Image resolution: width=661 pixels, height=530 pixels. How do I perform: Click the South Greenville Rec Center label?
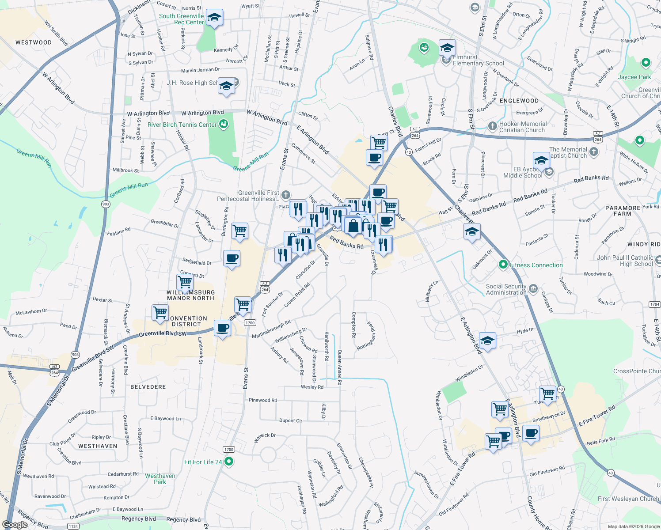(181, 19)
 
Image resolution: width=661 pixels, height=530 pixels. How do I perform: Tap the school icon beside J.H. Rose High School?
(226, 86)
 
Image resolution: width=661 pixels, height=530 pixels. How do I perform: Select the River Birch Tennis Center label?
(182, 125)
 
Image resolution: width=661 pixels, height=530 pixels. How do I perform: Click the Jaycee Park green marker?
(646, 63)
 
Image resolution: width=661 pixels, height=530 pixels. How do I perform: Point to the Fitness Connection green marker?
(503, 265)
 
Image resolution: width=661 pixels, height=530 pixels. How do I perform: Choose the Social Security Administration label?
(506, 289)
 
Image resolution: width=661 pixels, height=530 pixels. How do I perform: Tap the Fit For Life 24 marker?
(228, 462)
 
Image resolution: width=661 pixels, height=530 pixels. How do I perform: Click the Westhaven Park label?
(160, 479)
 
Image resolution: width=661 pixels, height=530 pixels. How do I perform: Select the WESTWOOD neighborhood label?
(34, 42)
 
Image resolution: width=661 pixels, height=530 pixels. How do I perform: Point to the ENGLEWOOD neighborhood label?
(519, 101)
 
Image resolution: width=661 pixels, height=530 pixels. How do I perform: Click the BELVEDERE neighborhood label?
(148, 387)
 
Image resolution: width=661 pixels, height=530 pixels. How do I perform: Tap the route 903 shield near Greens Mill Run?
(106, 204)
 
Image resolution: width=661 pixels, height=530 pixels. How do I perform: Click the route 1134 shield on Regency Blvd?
(73, 526)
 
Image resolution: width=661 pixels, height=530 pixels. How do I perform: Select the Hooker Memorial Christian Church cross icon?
(492, 126)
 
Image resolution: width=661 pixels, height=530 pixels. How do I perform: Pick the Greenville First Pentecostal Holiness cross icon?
(286, 195)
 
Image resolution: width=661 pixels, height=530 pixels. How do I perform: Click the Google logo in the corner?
(15, 525)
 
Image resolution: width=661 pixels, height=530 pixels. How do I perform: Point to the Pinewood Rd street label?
(263, 400)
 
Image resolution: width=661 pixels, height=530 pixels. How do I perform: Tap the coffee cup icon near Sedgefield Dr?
(232, 258)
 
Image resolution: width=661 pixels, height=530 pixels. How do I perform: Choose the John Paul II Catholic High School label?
(625, 261)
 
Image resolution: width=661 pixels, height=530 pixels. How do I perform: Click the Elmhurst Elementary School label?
(478, 60)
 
